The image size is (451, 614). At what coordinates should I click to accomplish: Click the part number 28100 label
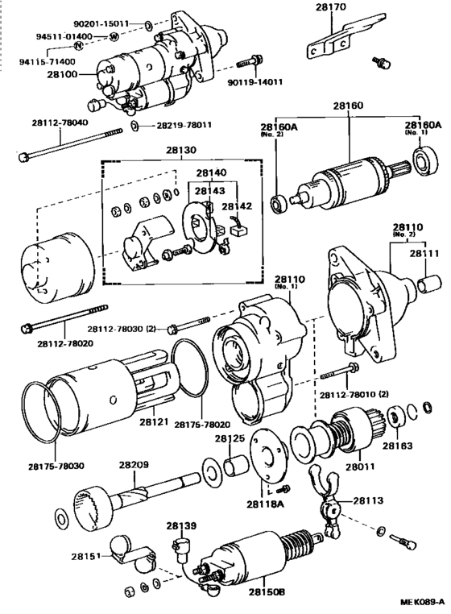[62, 74]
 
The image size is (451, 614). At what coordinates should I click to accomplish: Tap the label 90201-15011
[101, 24]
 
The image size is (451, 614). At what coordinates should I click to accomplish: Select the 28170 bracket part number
[331, 7]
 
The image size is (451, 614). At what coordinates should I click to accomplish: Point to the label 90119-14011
[254, 82]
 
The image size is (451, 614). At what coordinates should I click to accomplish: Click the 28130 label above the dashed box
[181, 150]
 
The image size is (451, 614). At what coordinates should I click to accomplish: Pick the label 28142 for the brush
[237, 206]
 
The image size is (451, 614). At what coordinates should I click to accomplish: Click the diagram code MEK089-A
[422, 601]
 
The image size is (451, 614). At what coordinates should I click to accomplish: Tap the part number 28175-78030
[56, 467]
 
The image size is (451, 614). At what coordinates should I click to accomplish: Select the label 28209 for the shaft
[134, 465]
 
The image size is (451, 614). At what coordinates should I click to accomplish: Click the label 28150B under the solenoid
[267, 591]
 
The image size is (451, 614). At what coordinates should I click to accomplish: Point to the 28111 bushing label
[424, 253]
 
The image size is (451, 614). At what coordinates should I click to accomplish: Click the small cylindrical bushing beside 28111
[428, 284]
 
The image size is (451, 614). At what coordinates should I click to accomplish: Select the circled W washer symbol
[113, 37]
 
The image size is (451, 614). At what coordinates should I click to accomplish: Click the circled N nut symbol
[79, 45]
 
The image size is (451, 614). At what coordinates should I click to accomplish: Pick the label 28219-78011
[184, 126]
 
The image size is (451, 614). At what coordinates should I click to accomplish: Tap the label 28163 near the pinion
[398, 446]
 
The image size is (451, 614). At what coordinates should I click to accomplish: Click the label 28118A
[265, 504]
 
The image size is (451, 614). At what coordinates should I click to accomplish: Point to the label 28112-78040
[60, 122]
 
